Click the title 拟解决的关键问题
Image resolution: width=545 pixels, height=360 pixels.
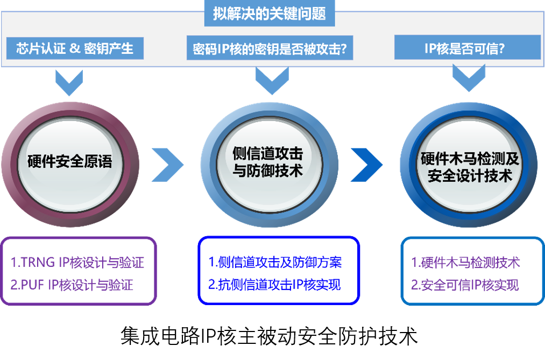click(x=269, y=13)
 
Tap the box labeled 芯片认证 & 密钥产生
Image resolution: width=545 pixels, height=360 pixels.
click(x=75, y=48)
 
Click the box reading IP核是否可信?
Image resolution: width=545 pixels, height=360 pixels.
click(x=467, y=48)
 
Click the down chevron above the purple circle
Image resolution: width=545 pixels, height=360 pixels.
click(x=69, y=82)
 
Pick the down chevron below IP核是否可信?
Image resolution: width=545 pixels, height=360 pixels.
click(x=469, y=79)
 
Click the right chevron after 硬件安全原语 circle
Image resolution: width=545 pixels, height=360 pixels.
click(x=167, y=165)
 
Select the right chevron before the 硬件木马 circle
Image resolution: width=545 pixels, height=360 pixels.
click(x=367, y=165)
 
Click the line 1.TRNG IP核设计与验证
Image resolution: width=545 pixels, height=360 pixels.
click(x=77, y=263)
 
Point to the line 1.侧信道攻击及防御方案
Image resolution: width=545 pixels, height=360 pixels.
click(x=275, y=263)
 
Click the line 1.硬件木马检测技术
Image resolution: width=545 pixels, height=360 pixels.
click(x=465, y=263)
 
